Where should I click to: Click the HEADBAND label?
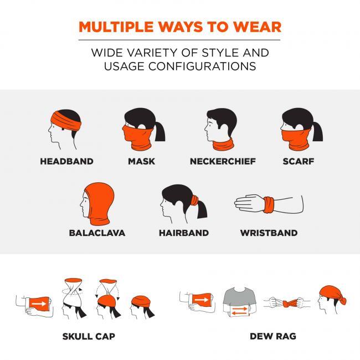tap(66, 161)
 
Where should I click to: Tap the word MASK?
tap(141, 161)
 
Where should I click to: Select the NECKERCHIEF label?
tap(223, 161)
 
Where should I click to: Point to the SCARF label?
tap(298, 161)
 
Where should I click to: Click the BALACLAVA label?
tap(97, 233)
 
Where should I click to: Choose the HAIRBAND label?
tap(184, 233)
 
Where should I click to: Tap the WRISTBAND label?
tap(269, 233)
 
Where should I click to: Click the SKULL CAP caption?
tap(89, 336)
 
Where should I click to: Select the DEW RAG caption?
tap(273, 336)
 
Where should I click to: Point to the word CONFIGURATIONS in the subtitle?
tap(202, 66)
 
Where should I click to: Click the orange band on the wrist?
tap(269, 204)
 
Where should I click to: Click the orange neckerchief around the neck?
tap(223, 145)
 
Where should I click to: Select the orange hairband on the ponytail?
tap(195, 200)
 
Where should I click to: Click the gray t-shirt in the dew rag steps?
tap(239, 299)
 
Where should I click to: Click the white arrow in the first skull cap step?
tap(39, 304)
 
